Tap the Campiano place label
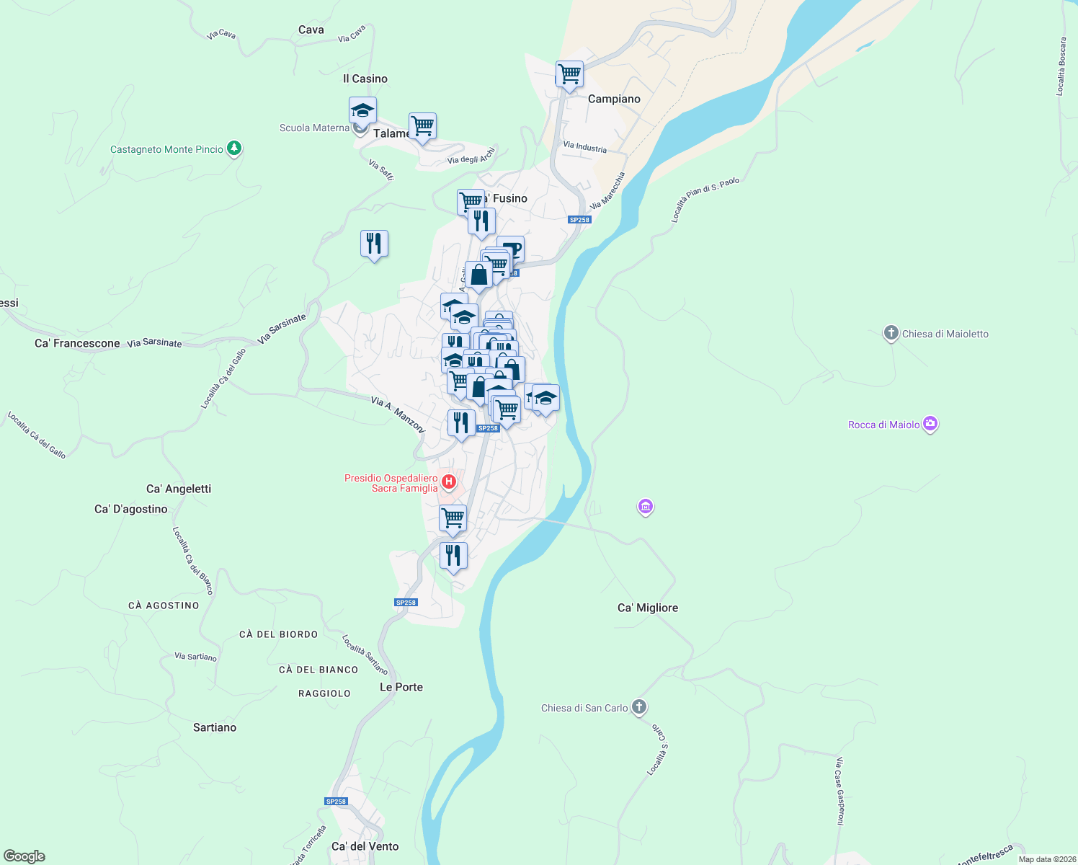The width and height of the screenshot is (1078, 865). pyautogui.click(x=614, y=99)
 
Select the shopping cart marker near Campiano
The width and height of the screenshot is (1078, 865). pyautogui.click(x=569, y=74)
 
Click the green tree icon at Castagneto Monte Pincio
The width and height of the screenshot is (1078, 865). pyautogui.click(x=233, y=148)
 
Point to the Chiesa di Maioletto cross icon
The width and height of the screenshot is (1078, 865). pyautogui.click(x=891, y=333)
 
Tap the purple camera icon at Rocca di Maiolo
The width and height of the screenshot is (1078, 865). pyautogui.click(x=930, y=424)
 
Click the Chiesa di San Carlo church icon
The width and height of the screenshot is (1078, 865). pyautogui.click(x=639, y=707)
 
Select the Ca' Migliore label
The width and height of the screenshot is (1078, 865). pyautogui.click(x=648, y=608)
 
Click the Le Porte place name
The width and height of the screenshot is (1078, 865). pyautogui.click(x=401, y=687)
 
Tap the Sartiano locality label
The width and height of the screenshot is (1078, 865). pyautogui.click(x=215, y=727)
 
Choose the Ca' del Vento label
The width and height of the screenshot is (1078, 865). pyautogui.click(x=365, y=846)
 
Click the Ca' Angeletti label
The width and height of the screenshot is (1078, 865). pyautogui.click(x=179, y=489)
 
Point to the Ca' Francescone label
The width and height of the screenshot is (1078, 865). pyautogui.click(x=77, y=343)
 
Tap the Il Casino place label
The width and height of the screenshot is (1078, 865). pyautogui.click(x=365, y=79)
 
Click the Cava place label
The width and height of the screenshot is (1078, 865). pyautogui.click(x=311, y=30)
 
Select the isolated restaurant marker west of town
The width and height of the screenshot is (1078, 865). pyautogui.click(x=374, y=244)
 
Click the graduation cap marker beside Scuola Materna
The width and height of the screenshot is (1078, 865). pyautogui.click(x=362, y=111)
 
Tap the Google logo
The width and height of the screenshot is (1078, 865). pyautogui.click(x=24, y=856)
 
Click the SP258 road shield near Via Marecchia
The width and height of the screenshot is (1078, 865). pyautogui.click(x=579, y=220)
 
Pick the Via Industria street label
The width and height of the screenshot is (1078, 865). pyautogui.click(x=585, y=147)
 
